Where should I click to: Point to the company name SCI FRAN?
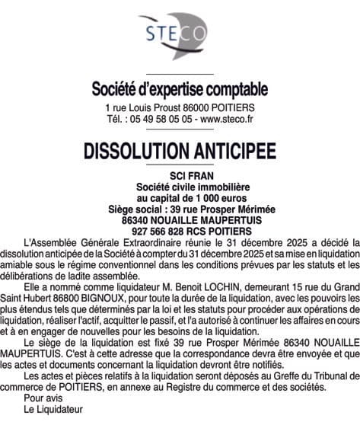coord(180,177)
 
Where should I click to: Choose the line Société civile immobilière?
coord(180,187)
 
